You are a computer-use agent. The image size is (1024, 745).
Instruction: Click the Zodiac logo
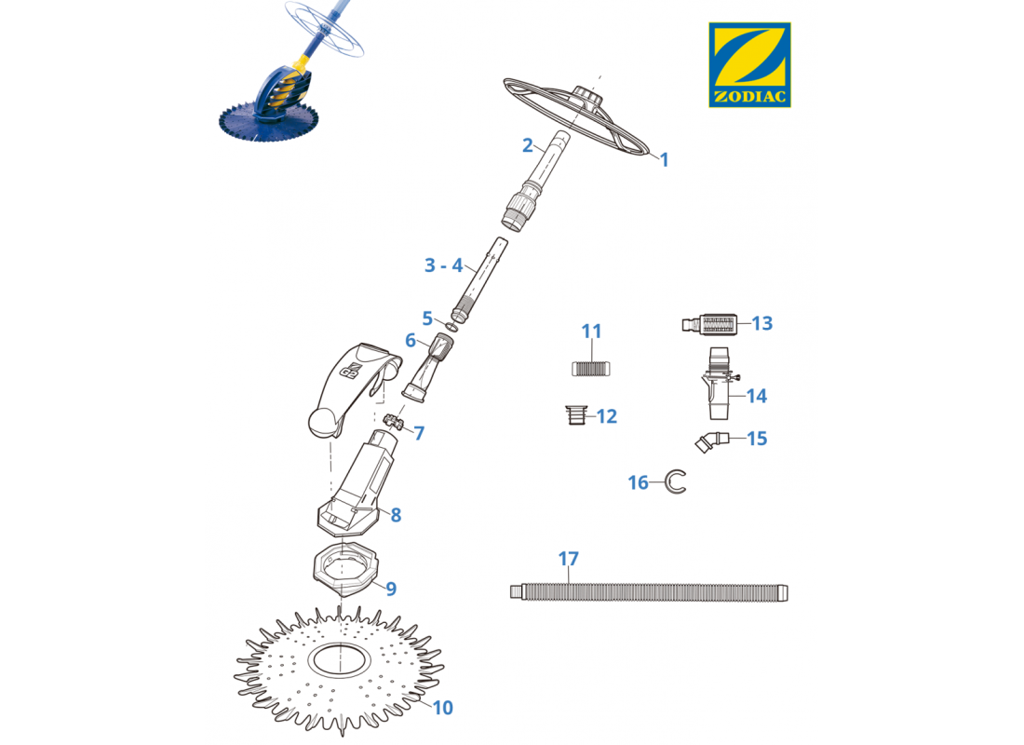(749, 64)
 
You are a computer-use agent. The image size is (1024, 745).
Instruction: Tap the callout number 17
(568, 560)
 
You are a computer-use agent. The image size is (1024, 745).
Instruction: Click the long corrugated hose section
(649, 592)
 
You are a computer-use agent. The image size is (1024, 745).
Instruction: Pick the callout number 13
(762, 323)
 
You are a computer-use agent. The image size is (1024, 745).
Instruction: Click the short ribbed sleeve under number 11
(590, 369)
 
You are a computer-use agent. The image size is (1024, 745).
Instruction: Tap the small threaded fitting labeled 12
(576, 415)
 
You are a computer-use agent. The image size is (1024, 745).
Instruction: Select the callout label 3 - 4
(443, 265)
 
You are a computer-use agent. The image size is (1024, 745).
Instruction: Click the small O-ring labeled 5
(451, 325)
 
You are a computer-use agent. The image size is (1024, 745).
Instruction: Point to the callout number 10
(442, 708)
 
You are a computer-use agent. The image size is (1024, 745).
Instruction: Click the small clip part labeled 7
(394, 420)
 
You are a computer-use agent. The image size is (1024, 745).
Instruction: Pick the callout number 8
(396, 515)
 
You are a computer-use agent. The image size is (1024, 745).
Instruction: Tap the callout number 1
(664, 160)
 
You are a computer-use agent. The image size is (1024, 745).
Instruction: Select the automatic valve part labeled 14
(718, 384)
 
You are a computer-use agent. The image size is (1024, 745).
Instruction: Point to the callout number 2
(528, 145)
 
